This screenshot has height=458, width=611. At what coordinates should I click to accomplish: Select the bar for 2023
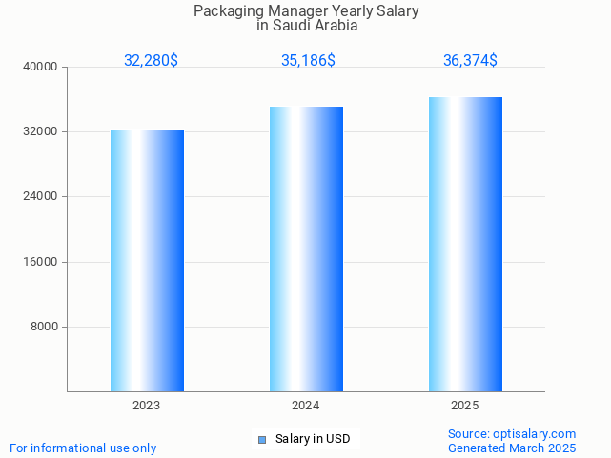point(147,261)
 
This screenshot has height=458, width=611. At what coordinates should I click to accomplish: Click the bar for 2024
point(306,249)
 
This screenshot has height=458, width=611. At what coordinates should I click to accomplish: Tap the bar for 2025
point(465,244)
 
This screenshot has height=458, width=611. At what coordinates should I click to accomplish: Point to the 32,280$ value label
point(151,60)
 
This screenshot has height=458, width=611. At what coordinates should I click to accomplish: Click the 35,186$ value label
point(308,60)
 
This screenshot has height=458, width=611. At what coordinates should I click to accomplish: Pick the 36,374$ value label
point(470,60)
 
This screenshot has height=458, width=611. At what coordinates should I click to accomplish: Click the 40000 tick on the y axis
point(42,67)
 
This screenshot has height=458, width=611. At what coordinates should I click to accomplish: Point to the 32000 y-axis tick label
point(42,131)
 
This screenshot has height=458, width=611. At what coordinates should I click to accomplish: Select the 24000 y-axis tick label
point(42,196)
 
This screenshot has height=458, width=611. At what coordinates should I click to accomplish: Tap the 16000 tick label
point(42,262)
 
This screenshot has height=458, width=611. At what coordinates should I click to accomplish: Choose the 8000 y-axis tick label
point(45,327)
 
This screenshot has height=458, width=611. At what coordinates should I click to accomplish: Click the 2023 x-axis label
point(147,406)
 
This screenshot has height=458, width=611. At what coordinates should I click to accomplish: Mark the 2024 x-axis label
point(306,406)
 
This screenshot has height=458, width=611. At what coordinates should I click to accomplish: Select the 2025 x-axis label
point(465,406)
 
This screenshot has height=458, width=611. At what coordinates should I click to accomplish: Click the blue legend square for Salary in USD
point(262,439)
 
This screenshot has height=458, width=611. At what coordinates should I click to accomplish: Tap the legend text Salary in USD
point(313,439)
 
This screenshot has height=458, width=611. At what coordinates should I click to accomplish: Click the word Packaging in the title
point(226,11)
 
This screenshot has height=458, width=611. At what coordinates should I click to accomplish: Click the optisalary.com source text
point(534,433)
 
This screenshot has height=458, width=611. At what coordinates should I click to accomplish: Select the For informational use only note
point(83,448)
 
